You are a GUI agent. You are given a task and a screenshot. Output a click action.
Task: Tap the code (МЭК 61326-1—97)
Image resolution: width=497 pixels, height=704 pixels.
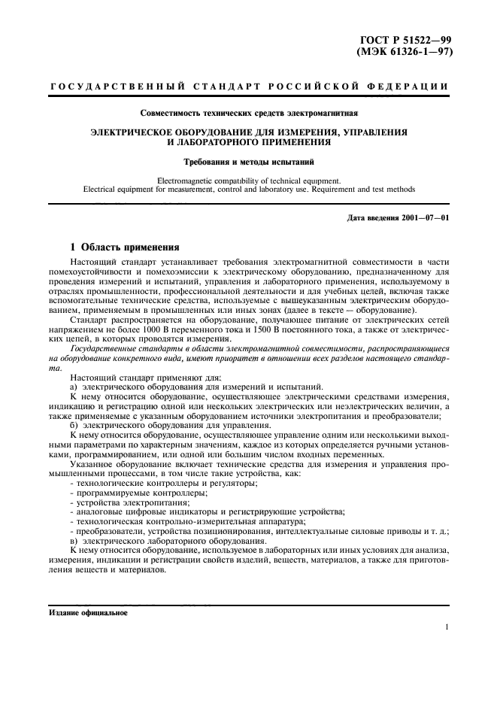(410, 51)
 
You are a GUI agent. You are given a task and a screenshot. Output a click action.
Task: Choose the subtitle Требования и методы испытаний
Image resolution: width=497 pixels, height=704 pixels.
(249, 161)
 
